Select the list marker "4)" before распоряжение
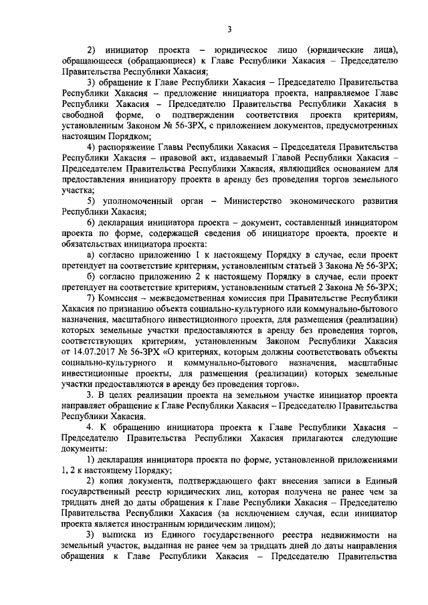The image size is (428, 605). (92, 144)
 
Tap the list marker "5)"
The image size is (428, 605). (92, 201)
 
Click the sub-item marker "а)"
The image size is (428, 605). (92, 258)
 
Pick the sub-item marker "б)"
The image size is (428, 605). (92, 277)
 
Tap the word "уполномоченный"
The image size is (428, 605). (136, 201)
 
